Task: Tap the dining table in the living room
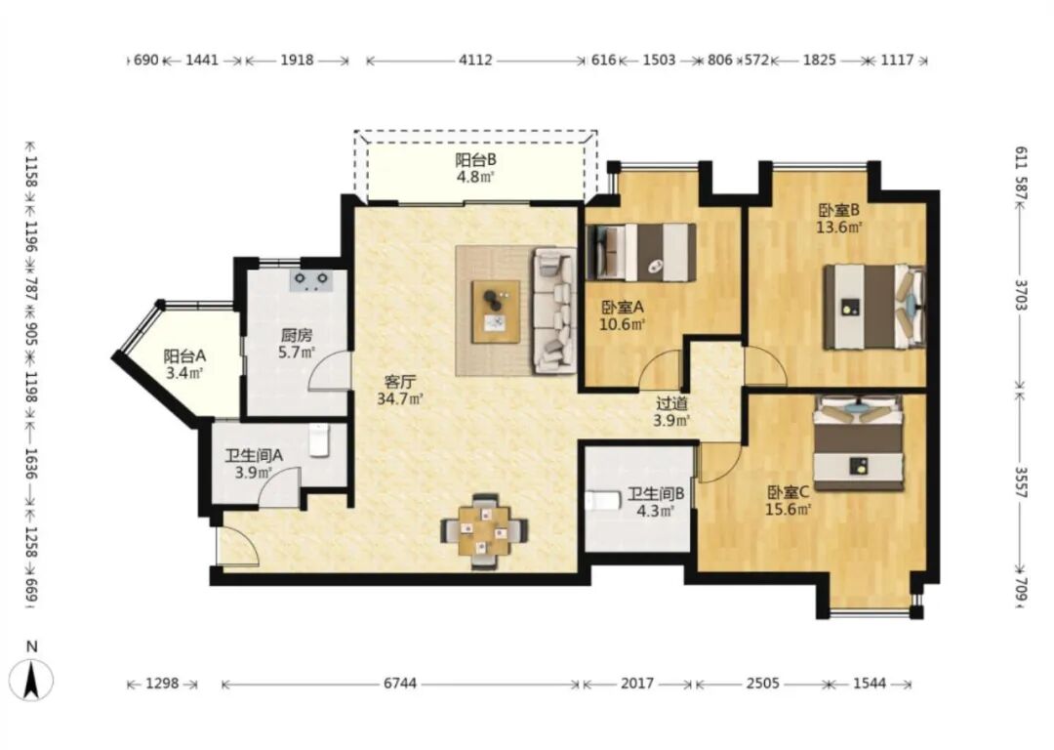[x=484, y=531]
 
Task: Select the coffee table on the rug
[x=496, y=312]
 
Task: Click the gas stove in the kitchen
[x=311, y=279]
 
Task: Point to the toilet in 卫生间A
[x=319, y=439]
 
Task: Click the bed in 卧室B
[x=874, y=307]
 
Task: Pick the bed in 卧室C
[x=859, y=442]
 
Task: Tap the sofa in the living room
[x=555, y=311]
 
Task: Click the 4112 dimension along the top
[x=475, y=61]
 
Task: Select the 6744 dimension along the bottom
[x=400, y=684]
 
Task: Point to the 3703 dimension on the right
[x=1021, y=295]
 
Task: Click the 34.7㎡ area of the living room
[x=400, y=398]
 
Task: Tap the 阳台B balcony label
[x=475, y=160]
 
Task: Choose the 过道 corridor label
[x=671, y=403]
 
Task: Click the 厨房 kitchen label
[x=297, y=334]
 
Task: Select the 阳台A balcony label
[x=184, y=355]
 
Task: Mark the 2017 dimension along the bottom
[x=636, y=684]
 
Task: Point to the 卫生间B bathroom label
[x=656, y=494]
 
